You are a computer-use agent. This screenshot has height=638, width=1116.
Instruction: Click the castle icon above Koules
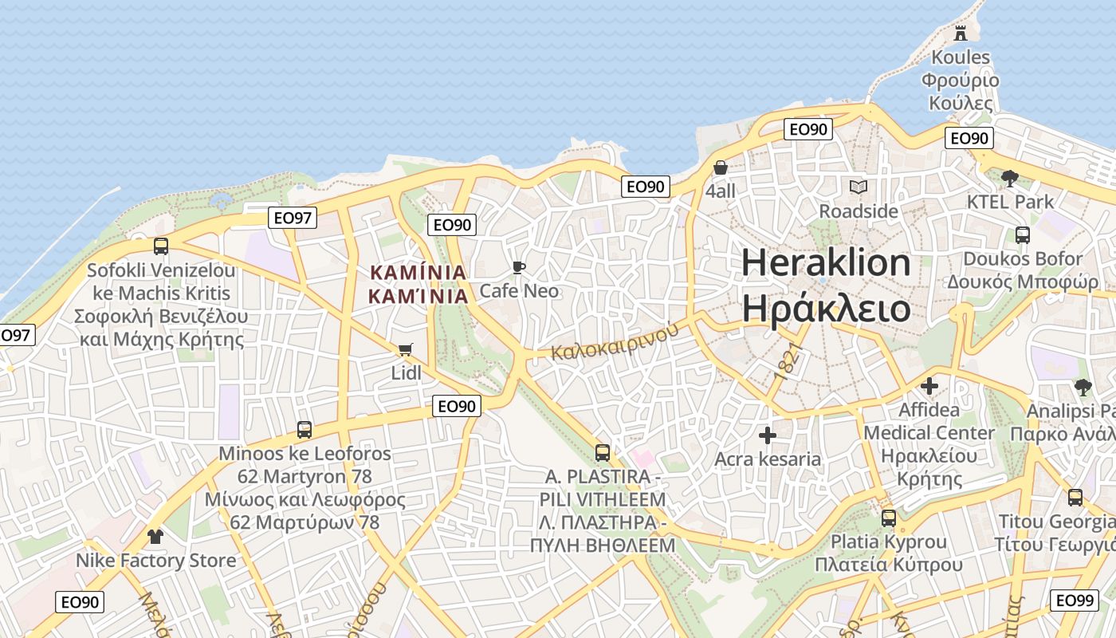[x=961, y=33]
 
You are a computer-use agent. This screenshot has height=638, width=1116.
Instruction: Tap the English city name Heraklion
[x=826, y=262]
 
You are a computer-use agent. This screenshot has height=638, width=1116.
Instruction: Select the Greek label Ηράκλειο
[x=826, y=308]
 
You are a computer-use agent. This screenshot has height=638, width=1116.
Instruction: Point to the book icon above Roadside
[x=859, y=187]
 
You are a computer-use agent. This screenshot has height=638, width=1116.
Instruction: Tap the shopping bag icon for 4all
[x=721, y=168]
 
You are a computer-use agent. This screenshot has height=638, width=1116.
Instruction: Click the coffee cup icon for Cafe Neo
[x=519, y=268]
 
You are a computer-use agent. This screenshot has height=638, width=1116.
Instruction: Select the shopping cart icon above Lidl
[x=406, y=350]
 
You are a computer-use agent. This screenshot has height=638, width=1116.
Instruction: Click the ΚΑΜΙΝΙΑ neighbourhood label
[x=418, y=284]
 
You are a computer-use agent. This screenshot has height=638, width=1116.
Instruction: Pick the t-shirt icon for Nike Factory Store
[x=155, y=537]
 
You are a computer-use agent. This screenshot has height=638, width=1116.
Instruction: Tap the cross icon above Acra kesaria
[x=768, y=435]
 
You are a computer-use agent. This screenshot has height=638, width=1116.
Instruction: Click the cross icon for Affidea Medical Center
[x=929, y=386]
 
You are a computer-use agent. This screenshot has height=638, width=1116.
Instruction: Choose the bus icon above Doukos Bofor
[x=1023, y=235]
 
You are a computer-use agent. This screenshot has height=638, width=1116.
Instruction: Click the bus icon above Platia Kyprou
[x=889, y=518]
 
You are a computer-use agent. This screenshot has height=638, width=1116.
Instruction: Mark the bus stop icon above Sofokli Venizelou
[x=161, y=246]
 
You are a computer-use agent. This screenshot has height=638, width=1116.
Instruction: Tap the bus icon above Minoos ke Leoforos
[x=305, y=430]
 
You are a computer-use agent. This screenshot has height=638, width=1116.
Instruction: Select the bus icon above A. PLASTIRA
[x=603, y=453]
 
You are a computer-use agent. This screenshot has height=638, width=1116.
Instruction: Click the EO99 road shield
[x=1075, y=601]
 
